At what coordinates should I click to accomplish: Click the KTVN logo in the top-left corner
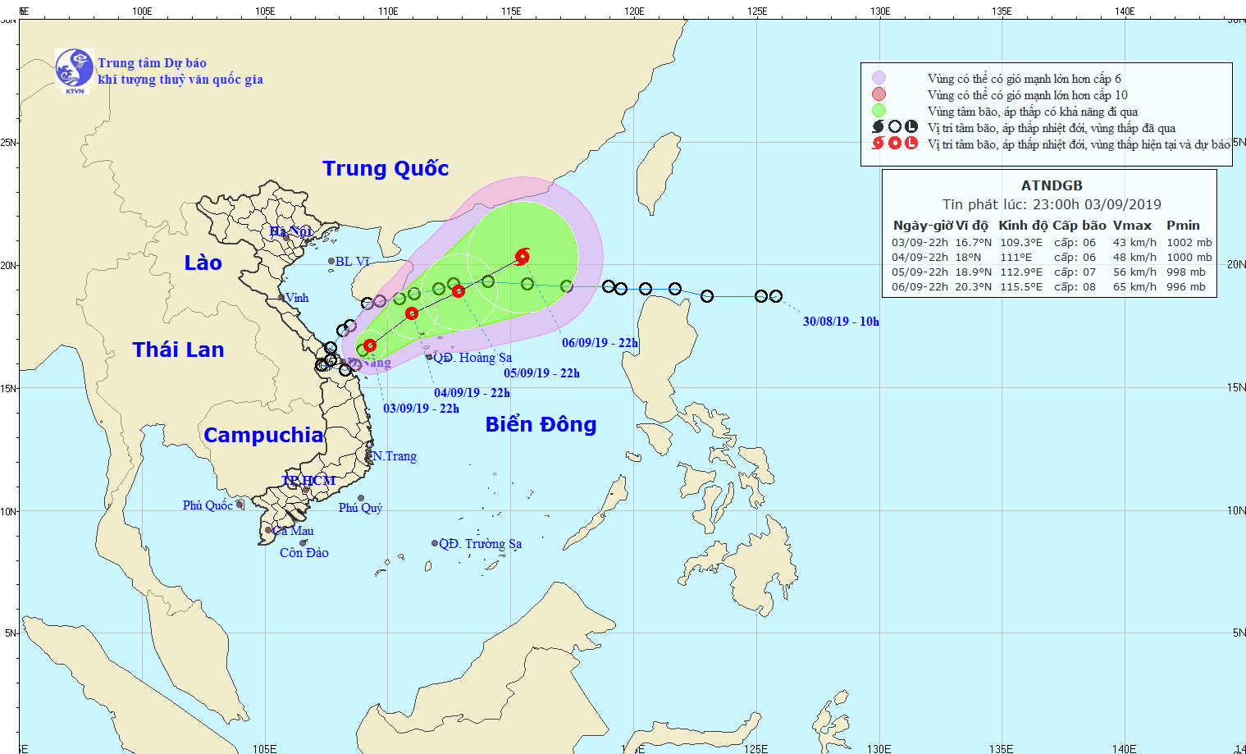(x=74, y=69)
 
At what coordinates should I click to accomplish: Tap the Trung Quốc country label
(x=386, y=168)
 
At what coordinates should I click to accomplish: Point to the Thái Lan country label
(x=178, y=350)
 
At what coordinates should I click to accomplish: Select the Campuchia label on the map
(x=263, y=435)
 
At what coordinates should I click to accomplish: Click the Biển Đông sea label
(x=541, y=424)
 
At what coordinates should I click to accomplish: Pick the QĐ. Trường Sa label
(x=480, y=543)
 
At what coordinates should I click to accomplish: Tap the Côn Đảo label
(x=304, y=553)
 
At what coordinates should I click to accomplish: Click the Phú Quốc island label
(x=208, y=505)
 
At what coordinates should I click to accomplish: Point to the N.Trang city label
(x=395, y=456)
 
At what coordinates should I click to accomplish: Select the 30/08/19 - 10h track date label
(x=841, y=322)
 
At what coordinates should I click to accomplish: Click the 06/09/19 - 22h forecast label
(x=600, y=343)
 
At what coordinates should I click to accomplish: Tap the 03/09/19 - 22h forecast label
(x=421, y=409)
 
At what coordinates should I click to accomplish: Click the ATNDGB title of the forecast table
(x=1052, y=185)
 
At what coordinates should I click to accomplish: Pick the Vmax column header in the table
(x=1132, y=225)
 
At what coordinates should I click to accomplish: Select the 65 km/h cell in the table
(x=1134, y=287)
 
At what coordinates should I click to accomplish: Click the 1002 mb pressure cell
(x=1189, y=243)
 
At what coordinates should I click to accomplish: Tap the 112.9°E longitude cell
(x=1021, y=272)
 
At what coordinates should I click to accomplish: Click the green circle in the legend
(x=879, y=111)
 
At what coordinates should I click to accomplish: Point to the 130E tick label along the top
(x=880, y=11)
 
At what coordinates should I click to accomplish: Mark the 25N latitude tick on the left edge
(x=8, y=143)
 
